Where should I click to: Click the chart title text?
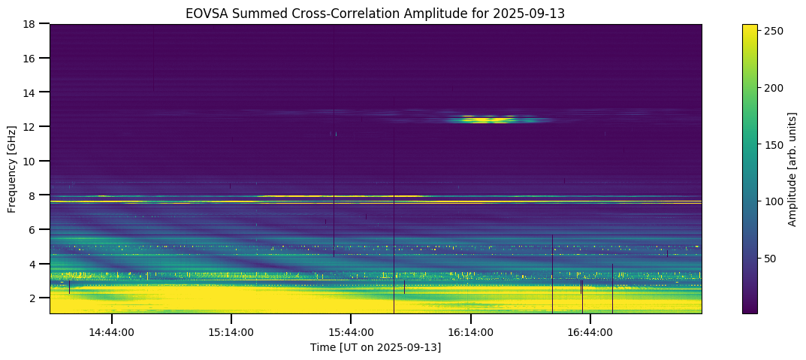click(x=376, y=13)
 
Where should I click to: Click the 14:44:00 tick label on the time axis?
click(x=112, y=331)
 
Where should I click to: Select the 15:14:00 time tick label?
click(x=231, y=331)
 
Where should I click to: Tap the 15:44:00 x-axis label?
click(x=351, y=331)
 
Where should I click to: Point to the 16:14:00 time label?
click(x=471, y=331)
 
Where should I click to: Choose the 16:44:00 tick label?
click(x=590, y=331)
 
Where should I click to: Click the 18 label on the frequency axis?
click(x=34, y=24)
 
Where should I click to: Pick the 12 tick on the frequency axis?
click(x=34, y=126)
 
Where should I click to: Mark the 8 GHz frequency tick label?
click(x=36, y=195)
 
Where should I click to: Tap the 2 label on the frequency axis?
click(x=36, y=298)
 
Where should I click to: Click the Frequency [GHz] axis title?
click(x=13, y=168)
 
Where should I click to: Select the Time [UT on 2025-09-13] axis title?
click(x=376, y=347)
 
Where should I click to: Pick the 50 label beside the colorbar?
click(x=771, y=259)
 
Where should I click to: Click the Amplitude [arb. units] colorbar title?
click(x=792, y=168)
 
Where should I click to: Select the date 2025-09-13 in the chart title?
click(x=536, y=13)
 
